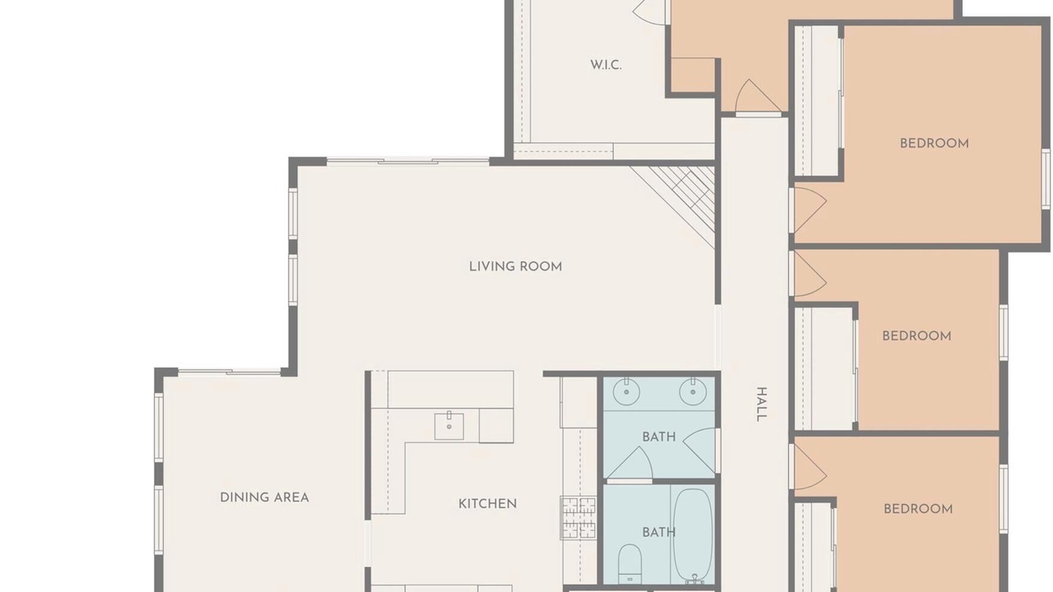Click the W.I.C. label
[x=606, y=65]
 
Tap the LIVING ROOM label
[x=516, y=267]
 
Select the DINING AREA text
[x=265, y=497]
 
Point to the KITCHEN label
[x=488, y=504]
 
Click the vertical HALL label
[x=762, y=404]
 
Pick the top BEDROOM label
[x=935, y=144]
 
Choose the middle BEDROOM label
[x=916, y=336]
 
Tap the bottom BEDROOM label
[x=918, y=509]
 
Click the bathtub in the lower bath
[x=693, y=535]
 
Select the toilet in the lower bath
[x=630, y=564]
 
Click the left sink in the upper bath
[x=626, y=391]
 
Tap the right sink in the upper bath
[x=693, y=391]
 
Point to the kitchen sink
[x=449, y=426]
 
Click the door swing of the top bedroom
[x=809, y=210]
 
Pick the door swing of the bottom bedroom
[x=809, y=467]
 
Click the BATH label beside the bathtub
[x=659, y=533]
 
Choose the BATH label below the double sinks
[x=659, y=437]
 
